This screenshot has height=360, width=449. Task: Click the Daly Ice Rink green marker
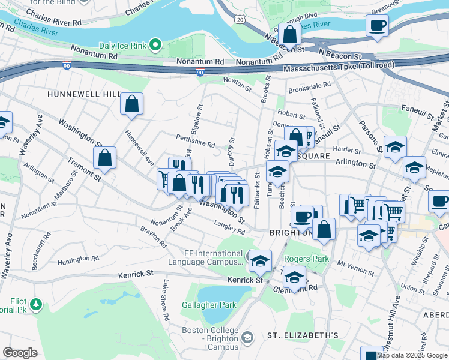[155, 44]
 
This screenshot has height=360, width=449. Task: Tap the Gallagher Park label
[209, 305]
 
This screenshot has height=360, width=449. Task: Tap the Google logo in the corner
[20, 353]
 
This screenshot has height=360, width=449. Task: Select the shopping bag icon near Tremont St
[105, 158]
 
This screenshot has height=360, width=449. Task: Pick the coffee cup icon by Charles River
[377, 25]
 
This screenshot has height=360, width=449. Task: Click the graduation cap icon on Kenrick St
[260, 260]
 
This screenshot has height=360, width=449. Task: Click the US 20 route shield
[240, 20]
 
